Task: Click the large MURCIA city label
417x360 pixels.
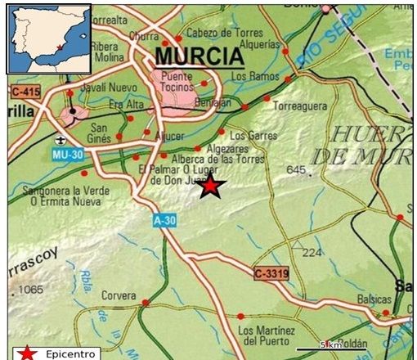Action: pyautogui.click(x=198, y=56)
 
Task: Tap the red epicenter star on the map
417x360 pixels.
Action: pyautogui.click(x=211, y=187)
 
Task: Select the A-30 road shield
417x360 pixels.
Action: pyautogui.click(x=164, y=220)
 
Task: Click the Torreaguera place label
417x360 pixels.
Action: pyautogui.click(x=300, y=106)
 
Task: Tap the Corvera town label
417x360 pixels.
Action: pyautogui.click(x=119, y=295)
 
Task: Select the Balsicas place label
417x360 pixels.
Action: pyautogui.click(x=374, y=300)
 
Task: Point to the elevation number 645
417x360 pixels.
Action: pyautogui.click(x=296, y=170)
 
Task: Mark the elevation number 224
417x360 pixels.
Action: pyautogui.click(x=312, y=252)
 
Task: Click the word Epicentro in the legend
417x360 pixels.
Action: pyautogui.click(x=68, y=353)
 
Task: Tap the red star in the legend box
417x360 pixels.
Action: pyautogui.click(x=28, y=353)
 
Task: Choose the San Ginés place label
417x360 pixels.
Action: pyautogui.click(x=99, y=133)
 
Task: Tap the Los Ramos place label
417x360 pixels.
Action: pyautogui.click(x=250, y=76)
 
